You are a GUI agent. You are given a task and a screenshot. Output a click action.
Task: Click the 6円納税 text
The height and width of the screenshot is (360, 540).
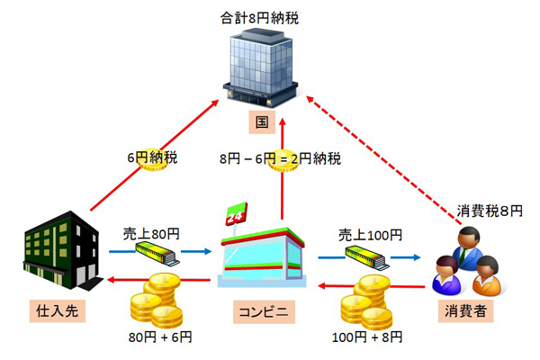[151, 157]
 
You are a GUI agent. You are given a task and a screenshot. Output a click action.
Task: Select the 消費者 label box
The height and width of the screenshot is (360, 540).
[467, 310]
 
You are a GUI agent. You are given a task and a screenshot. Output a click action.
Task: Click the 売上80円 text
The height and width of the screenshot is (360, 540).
[150, 233]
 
